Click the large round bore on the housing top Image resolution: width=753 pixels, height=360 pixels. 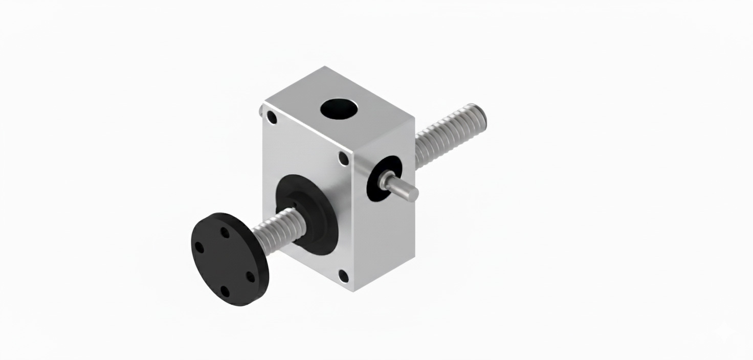[x=339, y=108]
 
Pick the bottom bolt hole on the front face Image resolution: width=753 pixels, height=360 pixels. [x=344, y=277]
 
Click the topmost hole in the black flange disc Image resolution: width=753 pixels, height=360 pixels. [x=225, y=233]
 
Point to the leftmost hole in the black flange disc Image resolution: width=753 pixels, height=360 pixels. [x=200, y=248]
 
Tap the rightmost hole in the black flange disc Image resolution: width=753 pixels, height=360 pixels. [x=250, y=277]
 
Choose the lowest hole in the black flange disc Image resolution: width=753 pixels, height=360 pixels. [x=225, y=292]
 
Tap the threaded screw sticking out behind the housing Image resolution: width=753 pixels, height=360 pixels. [x=445, y=135]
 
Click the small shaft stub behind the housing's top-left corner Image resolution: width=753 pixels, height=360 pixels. [x=262, y=110]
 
